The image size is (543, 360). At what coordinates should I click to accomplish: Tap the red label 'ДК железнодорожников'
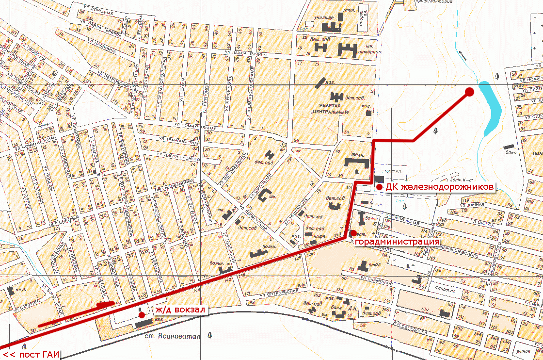(x=440, y=187)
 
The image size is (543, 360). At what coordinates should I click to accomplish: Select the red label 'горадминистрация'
(x=398, y=241)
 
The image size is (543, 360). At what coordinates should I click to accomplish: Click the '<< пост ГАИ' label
(x=31, y=355)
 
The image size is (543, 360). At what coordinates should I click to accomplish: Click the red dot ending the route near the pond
(x=469, y=92)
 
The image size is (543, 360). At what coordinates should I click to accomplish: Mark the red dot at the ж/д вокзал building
(x=141, y=314)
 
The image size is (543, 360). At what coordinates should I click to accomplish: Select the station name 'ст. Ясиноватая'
(x=173, y=336)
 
